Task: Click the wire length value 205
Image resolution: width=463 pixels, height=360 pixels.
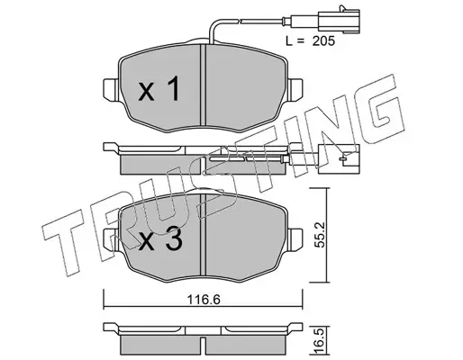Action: tap(323, 41)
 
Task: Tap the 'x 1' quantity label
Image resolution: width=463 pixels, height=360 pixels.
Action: tap(159, 88)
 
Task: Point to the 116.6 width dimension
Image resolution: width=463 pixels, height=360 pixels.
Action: tap(204, 300)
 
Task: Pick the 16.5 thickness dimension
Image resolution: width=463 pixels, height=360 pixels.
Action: tap(321, 341)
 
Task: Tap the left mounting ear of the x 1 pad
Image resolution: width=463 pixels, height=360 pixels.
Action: tap(111, 90)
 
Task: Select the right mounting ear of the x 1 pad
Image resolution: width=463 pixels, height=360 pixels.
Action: tap(295, 90)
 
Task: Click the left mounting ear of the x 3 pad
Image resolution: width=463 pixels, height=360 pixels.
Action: tap(111, 239)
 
